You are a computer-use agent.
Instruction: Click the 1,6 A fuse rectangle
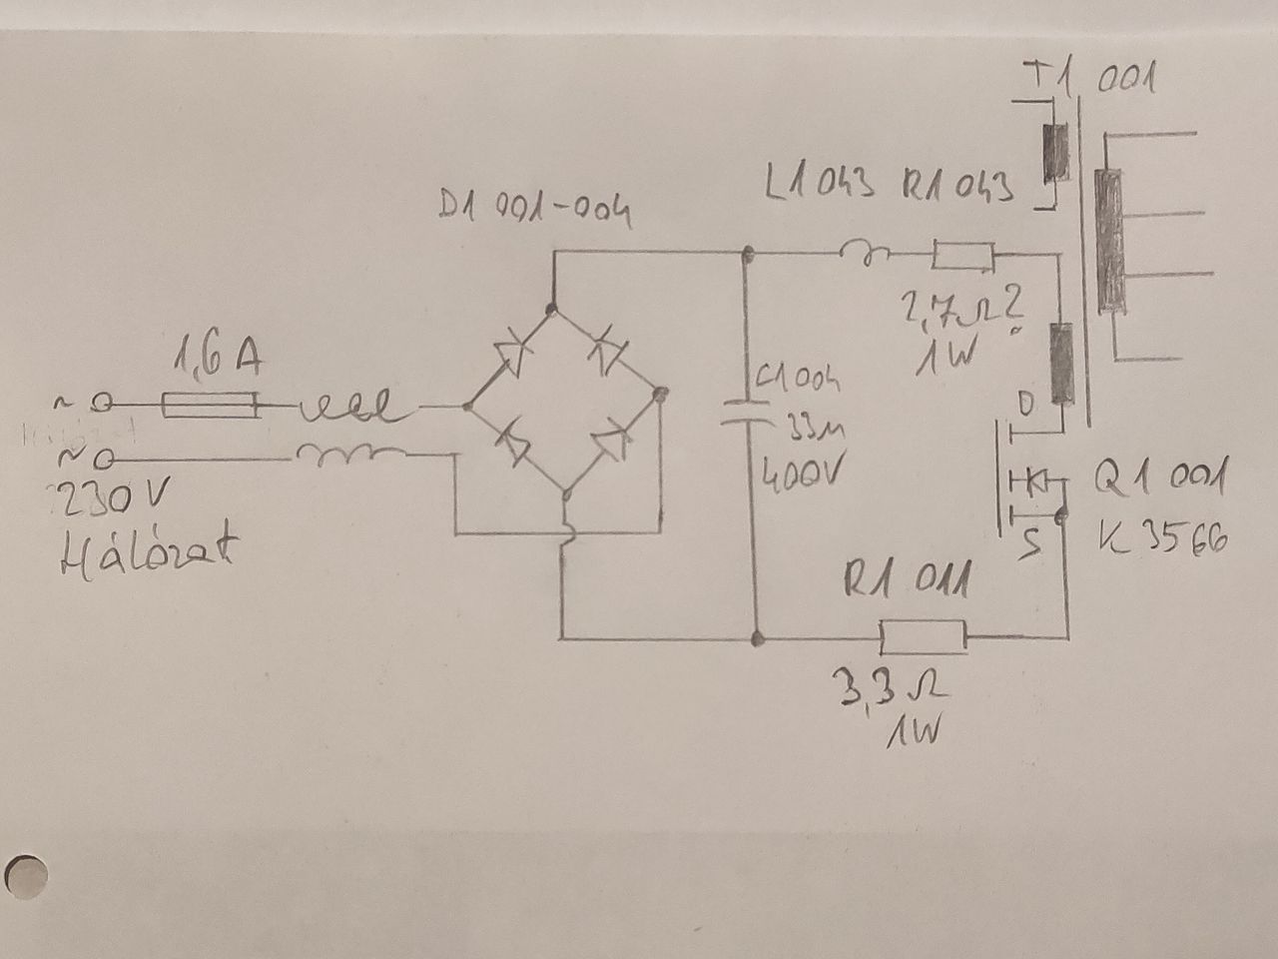(209, 406)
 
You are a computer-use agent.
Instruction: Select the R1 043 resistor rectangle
(962, 257)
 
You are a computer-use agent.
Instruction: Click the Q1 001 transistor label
(1158, 479)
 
